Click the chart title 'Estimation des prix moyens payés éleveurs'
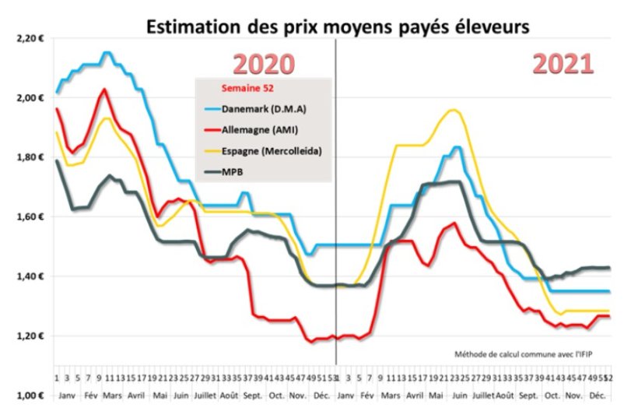(338, 27)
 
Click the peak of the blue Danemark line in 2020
(107, 53)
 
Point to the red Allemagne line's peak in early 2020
(103, 90)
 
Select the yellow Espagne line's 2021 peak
(453, 111)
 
